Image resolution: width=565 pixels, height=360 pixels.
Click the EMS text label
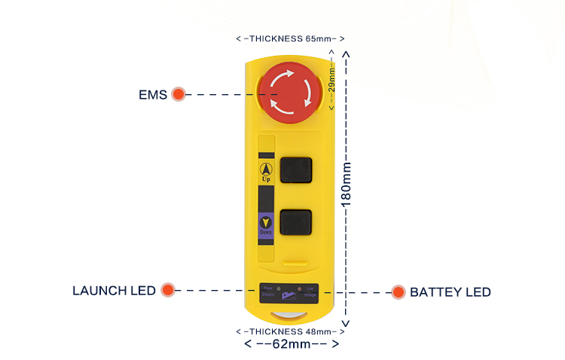153,95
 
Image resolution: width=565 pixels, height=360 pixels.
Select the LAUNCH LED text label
114,291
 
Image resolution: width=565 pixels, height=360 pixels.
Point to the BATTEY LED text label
450,292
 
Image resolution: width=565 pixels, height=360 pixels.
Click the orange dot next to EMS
179,94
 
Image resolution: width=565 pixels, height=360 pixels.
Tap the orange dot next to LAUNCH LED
168,290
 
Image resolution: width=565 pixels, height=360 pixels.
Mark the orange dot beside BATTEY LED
399,291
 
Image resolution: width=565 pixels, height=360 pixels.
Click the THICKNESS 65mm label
290,38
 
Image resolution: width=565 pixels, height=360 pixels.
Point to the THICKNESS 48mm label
290,331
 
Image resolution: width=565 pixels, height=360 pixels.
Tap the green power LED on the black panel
279,289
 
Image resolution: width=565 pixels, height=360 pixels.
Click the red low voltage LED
300,289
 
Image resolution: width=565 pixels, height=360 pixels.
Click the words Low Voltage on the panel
310,292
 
